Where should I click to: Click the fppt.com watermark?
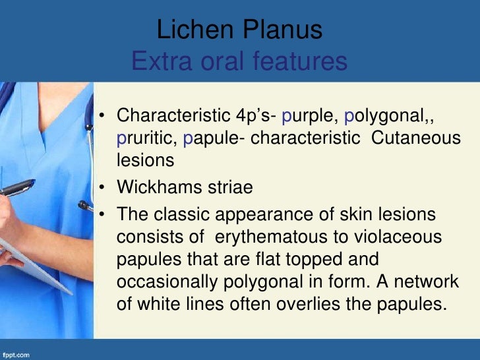[16, 355]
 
